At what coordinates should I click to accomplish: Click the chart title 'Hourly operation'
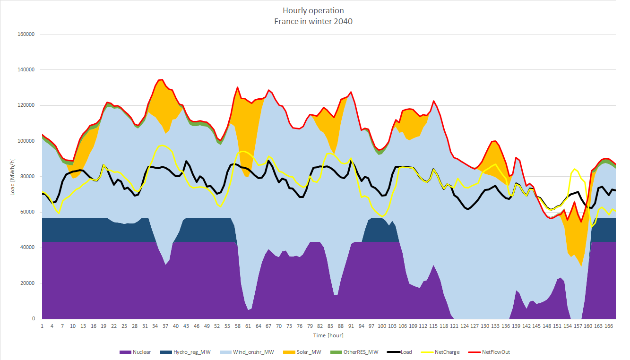(x=313, y=10)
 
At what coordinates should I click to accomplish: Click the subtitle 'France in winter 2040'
(x=313, y=21)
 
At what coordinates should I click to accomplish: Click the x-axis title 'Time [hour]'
(x=328, y=335)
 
